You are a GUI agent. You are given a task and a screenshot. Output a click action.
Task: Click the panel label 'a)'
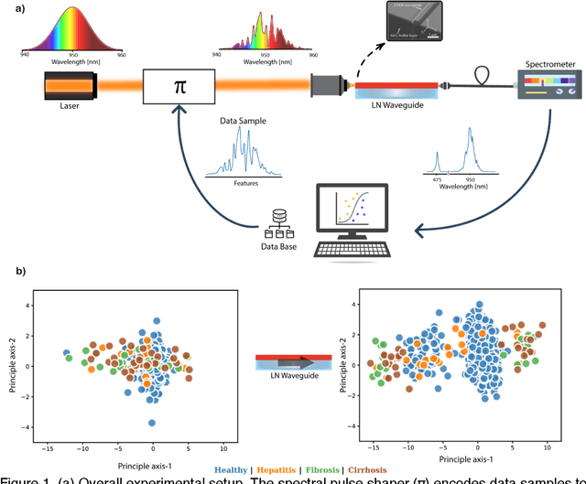tap(16, 10)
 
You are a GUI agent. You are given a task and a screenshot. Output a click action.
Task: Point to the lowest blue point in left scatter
tap(152, 423)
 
